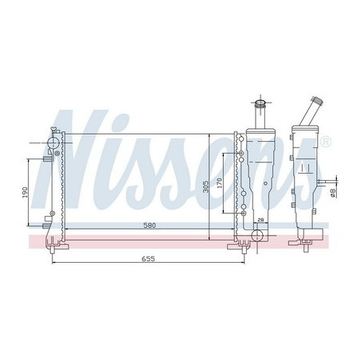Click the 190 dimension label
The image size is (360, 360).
(25, 193)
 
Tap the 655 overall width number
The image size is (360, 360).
(147, 259)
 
